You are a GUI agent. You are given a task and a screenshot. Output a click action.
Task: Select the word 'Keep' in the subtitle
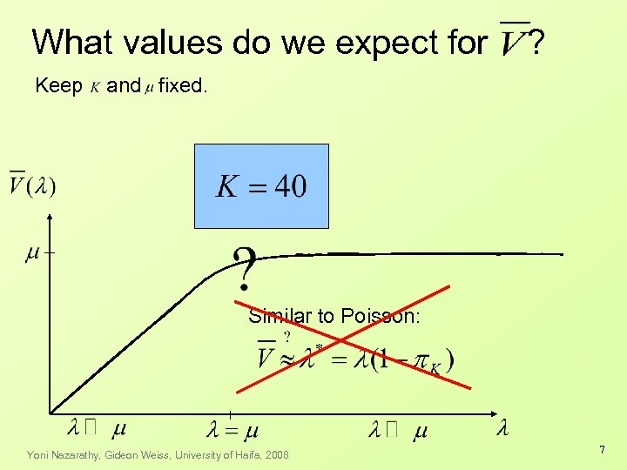coord(58,86)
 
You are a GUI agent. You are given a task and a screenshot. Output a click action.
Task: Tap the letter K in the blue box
coord(227,186)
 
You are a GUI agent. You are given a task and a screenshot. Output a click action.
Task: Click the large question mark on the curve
coord(246,268)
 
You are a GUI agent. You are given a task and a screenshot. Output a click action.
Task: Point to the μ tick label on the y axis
coord(32,252)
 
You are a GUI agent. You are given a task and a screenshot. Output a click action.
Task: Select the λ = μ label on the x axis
coord(233,429)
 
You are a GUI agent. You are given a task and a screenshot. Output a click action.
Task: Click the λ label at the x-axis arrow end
coord(502,427)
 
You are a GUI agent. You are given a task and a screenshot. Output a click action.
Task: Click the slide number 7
coord(601,449)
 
